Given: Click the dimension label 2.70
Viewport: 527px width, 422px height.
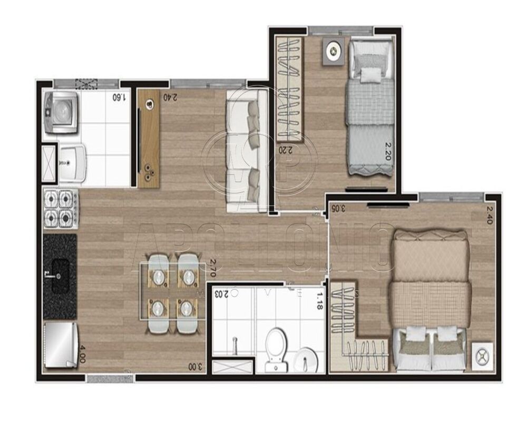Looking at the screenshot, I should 213,268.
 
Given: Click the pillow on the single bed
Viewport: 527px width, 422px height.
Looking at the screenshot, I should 370,74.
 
